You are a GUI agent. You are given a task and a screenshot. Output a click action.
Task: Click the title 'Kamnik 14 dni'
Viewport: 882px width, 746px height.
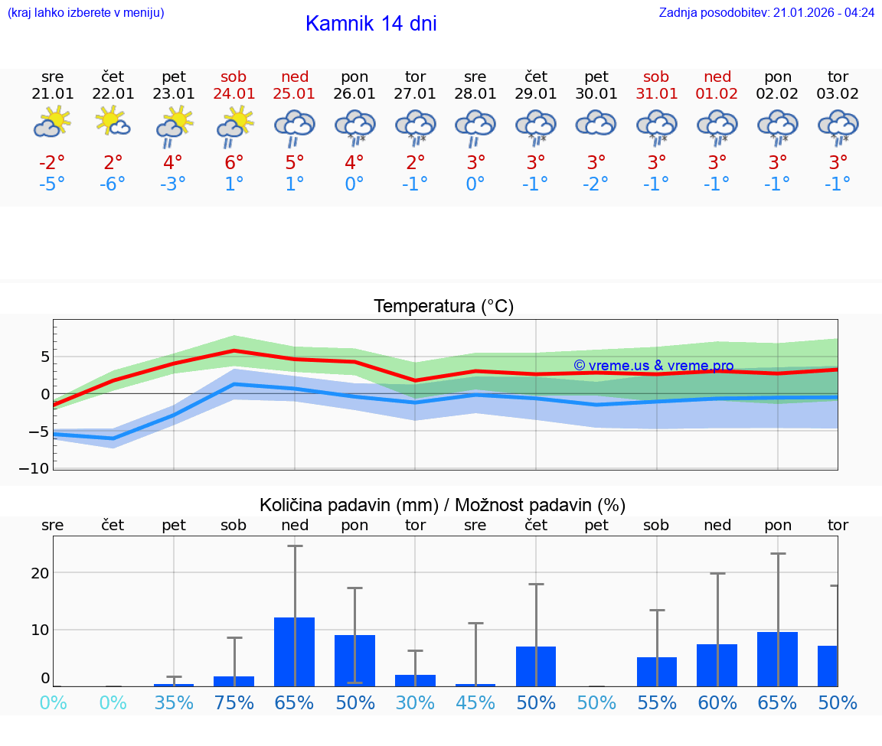click(x=371, y=24)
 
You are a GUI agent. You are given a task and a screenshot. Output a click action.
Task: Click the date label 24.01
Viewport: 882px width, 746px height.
click(x=234, y=93)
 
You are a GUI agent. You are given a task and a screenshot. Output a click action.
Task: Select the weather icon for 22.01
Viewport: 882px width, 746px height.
click(x=113, y=122)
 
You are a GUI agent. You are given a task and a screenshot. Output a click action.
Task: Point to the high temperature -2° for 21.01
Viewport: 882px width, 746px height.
click(x=52, y=162)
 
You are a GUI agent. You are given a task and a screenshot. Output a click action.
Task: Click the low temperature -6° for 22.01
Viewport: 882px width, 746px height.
click(x=113, y=184)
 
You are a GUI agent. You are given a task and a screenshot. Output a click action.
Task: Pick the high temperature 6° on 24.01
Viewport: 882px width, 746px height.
click(x=234, y=162)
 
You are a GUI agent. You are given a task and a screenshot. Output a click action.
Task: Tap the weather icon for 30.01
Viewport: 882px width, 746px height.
click(x=596, y=124)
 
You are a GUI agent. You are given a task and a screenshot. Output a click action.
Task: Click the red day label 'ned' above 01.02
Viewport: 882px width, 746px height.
click(x=717, y=77)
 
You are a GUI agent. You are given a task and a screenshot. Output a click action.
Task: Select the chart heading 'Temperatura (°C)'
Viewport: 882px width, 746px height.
click(x=443, y=307)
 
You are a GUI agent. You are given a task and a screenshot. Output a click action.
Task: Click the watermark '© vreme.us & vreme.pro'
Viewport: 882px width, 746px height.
click(x=653, y=366)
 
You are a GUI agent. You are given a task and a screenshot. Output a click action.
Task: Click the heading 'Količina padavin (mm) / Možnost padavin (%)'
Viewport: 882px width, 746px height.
click(x=443, y=505)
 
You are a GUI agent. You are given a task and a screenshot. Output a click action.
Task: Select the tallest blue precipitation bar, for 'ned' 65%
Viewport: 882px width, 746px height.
click(x=295, y=652)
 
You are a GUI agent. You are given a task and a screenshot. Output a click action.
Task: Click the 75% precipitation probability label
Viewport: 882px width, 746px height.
click(x=234, y=702)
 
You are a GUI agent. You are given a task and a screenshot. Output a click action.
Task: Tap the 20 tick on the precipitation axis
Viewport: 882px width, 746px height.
click(x=41, y=573)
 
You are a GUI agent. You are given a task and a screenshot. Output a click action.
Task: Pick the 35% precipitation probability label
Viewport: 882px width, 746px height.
click(x=174, y=702)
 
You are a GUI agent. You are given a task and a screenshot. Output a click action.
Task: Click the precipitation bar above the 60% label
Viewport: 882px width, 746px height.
click(x=717, y=665)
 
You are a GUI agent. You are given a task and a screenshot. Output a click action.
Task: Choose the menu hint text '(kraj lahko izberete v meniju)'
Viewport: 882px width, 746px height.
click(x=86, y=12)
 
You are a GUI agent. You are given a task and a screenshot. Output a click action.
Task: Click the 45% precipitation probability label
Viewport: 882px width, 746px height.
click(x=475, y=702)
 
